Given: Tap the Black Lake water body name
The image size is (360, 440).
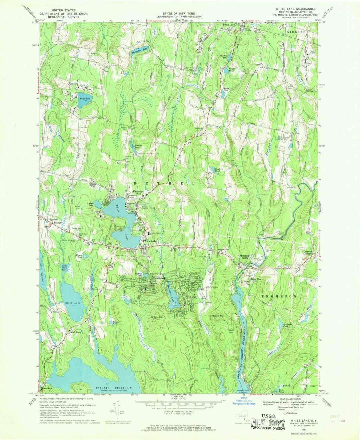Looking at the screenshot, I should [x=73, y=303].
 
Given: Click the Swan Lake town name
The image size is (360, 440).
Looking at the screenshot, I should [x=229, y=25].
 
